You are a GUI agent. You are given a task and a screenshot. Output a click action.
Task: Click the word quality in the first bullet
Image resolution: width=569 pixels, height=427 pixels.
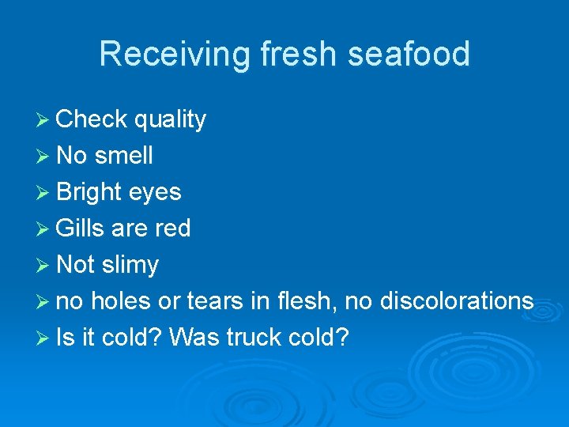click(170, 120)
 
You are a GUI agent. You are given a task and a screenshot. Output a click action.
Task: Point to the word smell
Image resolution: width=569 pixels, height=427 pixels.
click(123, 156)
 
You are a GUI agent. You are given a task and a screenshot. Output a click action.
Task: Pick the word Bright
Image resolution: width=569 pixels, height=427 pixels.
click(89, 192)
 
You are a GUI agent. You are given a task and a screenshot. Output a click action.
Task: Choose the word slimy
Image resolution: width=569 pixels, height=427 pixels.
click(130, 265)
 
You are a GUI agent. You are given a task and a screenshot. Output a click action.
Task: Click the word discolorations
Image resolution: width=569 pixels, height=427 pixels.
click(457, 301)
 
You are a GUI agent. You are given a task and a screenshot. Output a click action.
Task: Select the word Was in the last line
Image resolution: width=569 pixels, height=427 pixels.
click(194, 338)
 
